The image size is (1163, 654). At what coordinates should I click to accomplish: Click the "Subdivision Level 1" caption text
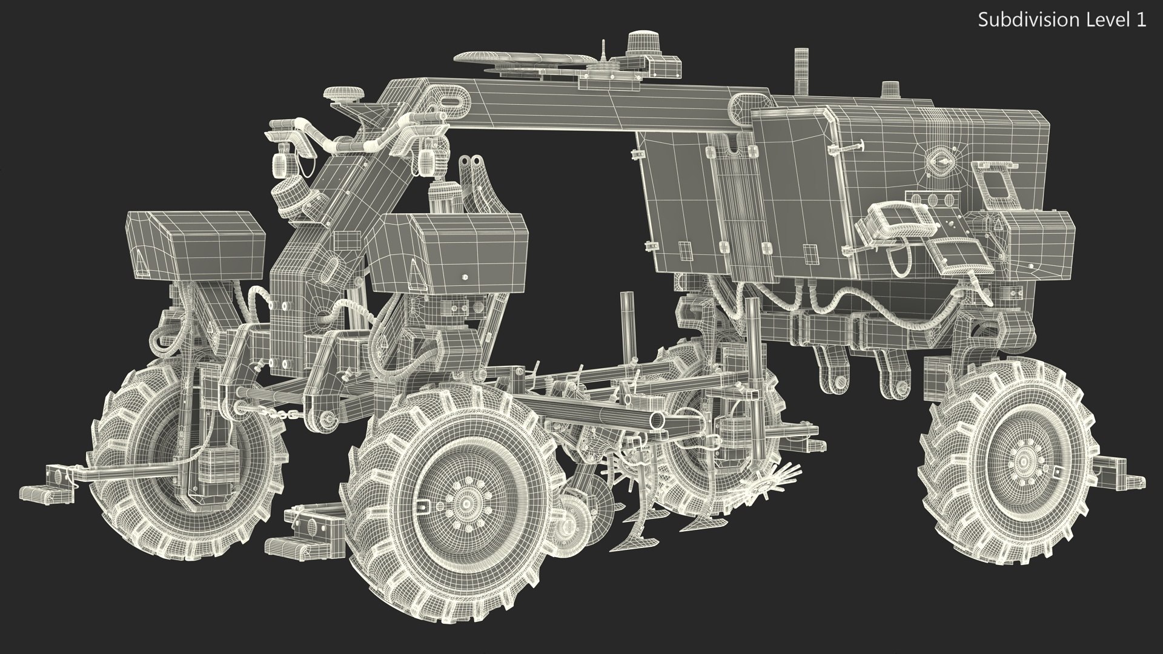click(1062, 20)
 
